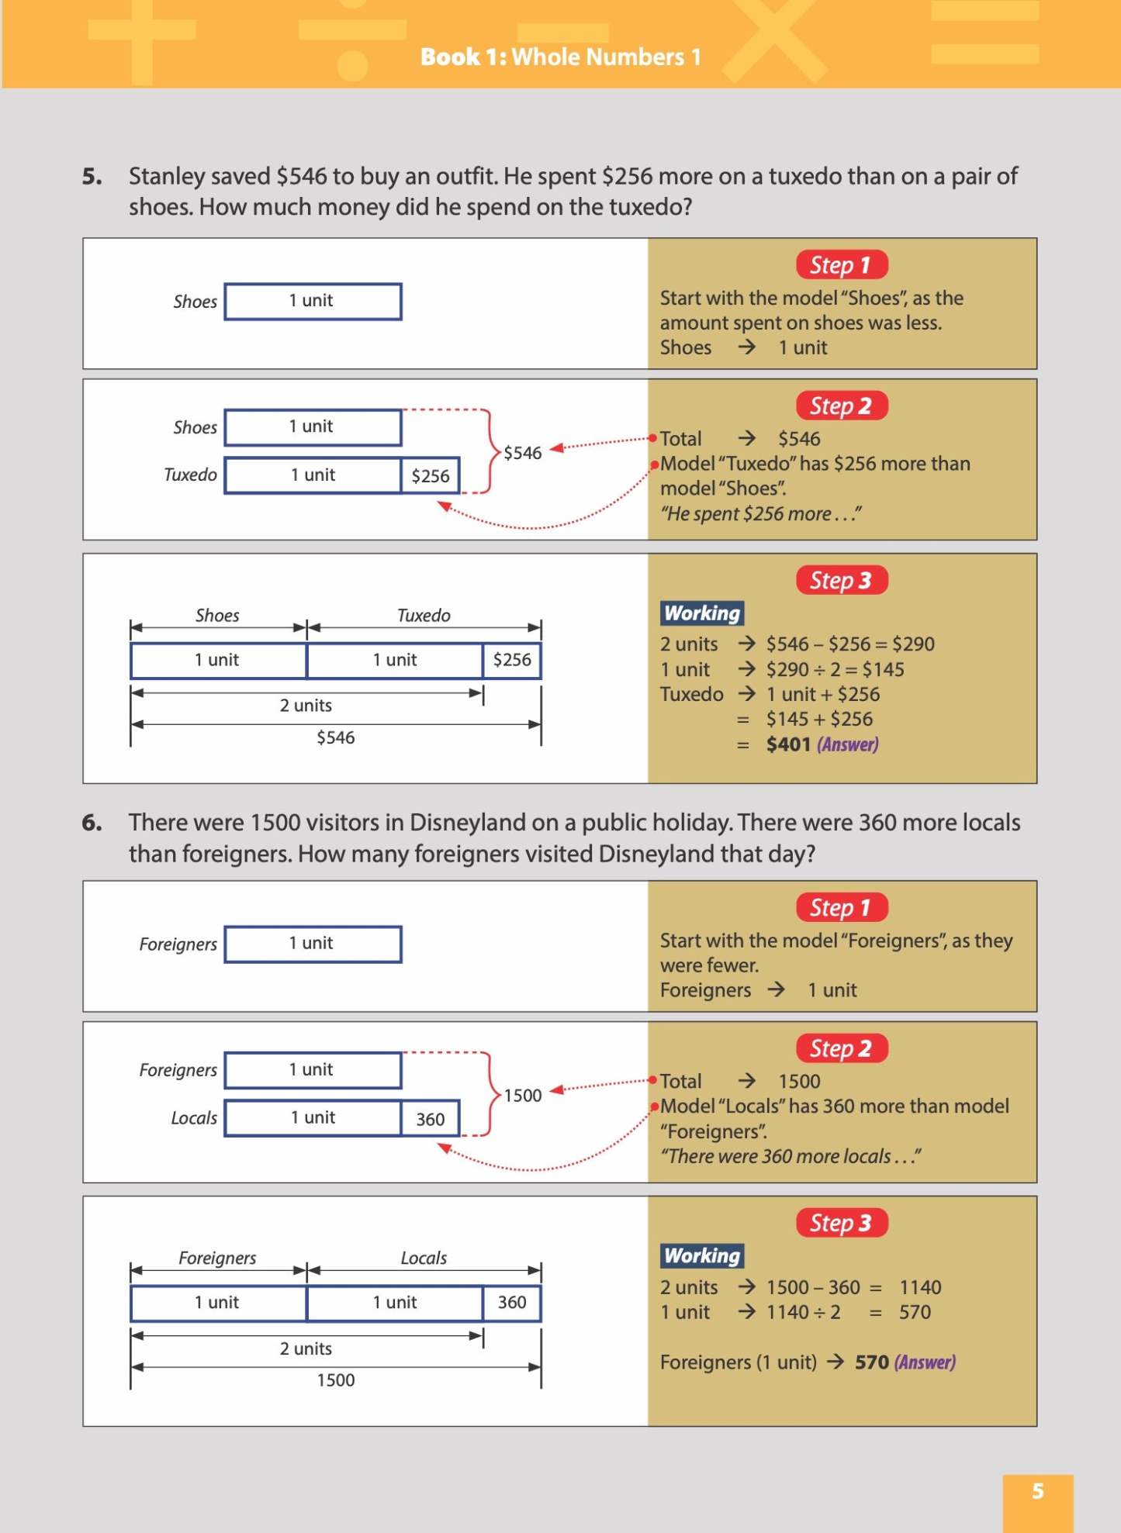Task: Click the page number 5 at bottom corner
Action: [1037, 1490]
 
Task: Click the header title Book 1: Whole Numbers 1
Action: [560, 57]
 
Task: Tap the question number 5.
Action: [92, 177]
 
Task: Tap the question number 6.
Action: [92, 823]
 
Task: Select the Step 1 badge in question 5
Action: [841, 265]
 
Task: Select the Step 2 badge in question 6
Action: [841, 1048]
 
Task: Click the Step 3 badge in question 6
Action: [841, 1223]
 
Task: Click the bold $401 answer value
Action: [787, 744]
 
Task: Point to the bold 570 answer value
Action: [871, 1362]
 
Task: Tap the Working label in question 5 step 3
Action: [702, 613]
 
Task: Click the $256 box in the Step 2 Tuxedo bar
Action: [430, 476]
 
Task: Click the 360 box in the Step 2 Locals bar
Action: [430, 1119]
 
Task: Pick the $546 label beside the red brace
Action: [522, 453]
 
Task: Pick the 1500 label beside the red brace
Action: [522, 1096]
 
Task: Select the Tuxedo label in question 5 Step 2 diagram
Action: [190, 475]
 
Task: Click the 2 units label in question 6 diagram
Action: [306, 1348]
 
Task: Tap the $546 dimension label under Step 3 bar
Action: [335, 737]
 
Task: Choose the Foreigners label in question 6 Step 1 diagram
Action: [178, 944]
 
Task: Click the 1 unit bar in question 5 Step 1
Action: [313, 302]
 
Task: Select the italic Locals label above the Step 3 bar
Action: [424, 1258]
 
